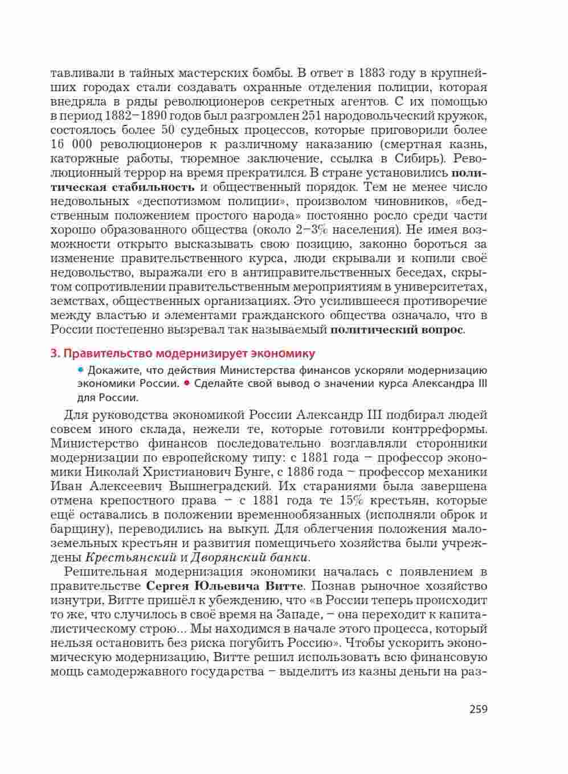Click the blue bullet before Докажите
80,369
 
